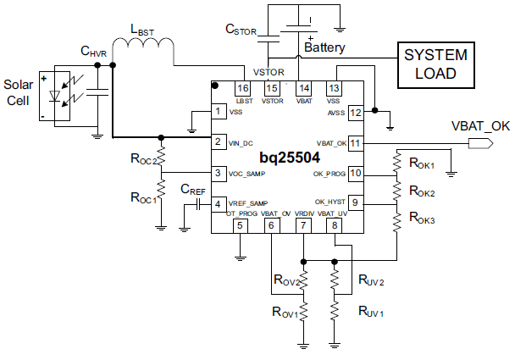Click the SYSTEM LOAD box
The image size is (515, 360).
click(x=436, y=64)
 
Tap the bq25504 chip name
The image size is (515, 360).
click(x=290, y=158)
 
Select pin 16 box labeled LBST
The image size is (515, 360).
click(x=243, y=88)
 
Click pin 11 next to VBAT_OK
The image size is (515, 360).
click(x=356, y=143)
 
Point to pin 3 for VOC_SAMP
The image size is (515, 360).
click(x=218, y=173)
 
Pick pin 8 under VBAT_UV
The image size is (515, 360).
click(x=335, y=225)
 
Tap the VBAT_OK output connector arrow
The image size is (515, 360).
click(x=480, y=143)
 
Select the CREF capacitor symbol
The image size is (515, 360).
click(x=198, y=205)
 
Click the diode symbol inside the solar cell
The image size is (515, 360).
click(x=54, y=96)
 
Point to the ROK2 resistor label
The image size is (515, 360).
click(x=422, y=191)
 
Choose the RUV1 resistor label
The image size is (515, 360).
click(x=371, y=311)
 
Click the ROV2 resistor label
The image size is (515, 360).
click(x=286, y=280)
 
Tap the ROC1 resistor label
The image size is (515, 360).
click(x=143, y=197)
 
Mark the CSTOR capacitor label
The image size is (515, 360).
click(x=241, y=30)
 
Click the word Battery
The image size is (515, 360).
click(x=324, y=47)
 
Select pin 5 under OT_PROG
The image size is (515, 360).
click(x=240, y=225)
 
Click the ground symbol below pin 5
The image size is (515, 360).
click(x=241, y=258)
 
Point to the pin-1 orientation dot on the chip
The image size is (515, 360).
click(x=215, y=86)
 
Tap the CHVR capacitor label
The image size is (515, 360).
click(x=94, y=52)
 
